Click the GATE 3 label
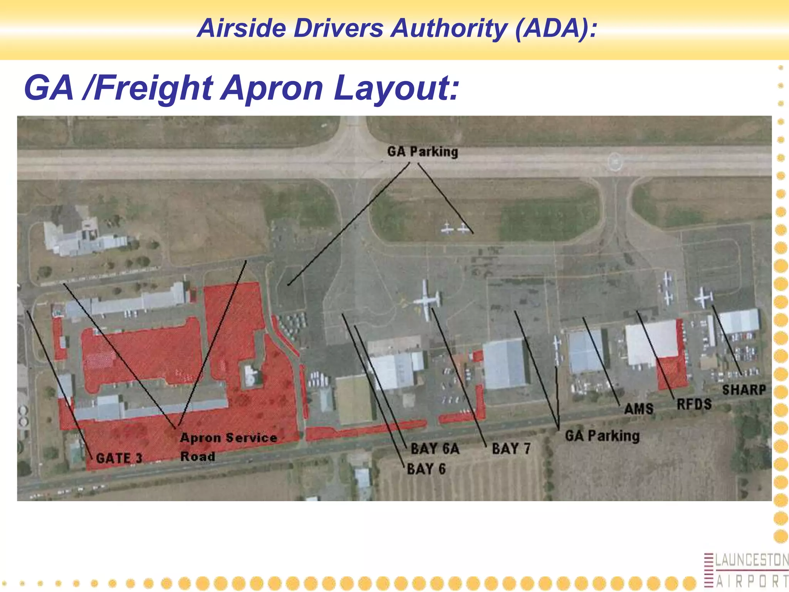click(119, 458)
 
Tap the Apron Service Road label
click(228, 447)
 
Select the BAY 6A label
click(435, 449)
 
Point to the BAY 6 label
click(426, 469)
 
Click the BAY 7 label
click(511, 449)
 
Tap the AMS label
click(639, 409)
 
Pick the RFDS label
click(694, 404)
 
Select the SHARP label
click(744, 390)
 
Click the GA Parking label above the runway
click(423, 151)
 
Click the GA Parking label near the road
click(602, 436)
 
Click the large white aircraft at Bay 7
click(427, 300)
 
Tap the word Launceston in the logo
click(752, 560)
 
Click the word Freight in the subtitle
click(153, 89)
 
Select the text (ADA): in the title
click(556, 28)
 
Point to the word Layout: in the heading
click(396, 88)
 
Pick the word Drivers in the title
click(338, 28)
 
